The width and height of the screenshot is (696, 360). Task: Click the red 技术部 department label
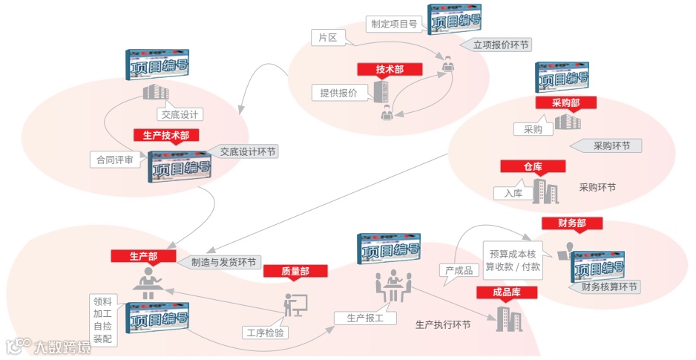[390, 69]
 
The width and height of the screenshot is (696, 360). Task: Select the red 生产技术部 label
[166, 135]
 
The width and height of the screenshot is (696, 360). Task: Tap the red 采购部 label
[565, 102]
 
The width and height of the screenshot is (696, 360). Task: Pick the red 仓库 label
[533, 167]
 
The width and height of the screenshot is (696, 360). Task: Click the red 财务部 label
[571, 223]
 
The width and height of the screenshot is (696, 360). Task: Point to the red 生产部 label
[143, 256]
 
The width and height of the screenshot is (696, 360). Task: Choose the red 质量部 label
[295, 272]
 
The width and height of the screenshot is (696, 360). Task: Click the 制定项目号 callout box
[395, 23]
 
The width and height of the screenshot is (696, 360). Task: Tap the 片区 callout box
[327, 36]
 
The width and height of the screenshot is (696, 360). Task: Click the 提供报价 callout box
[338, 93]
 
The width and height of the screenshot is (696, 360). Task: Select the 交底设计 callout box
[180, 114]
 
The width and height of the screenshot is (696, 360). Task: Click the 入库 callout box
[513, 193]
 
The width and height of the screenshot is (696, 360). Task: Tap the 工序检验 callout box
[264, 332]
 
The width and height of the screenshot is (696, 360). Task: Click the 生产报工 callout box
[359, 318]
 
